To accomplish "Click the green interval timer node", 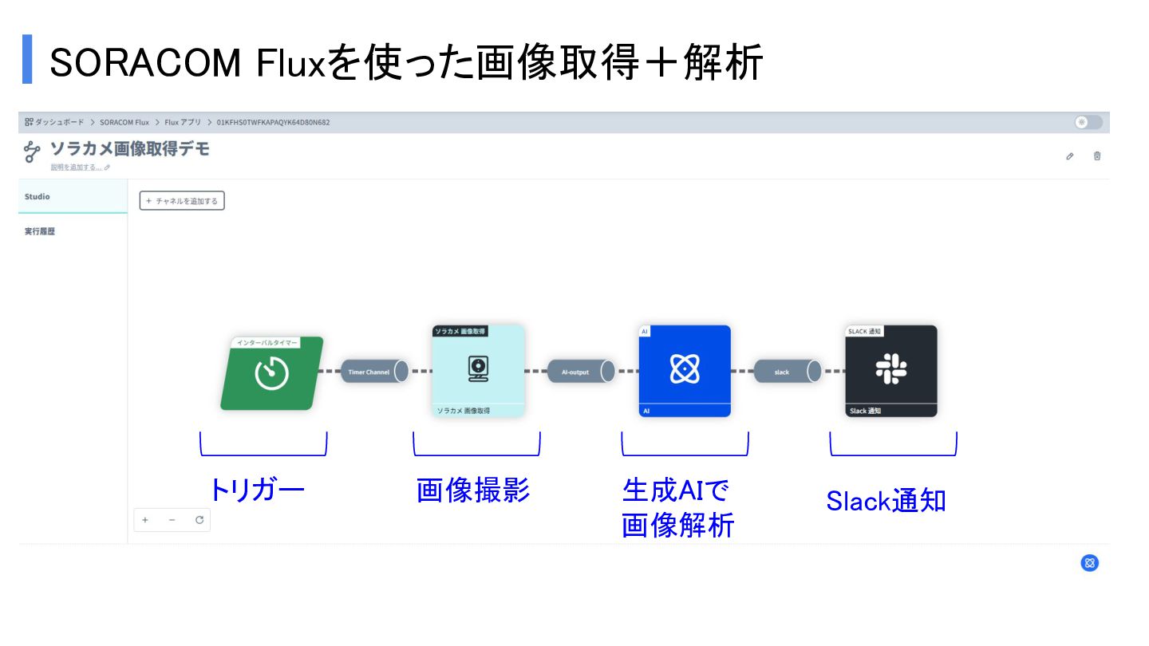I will [271, 373].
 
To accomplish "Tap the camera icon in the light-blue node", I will [478, 368].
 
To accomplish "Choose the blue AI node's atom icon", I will [685, 368].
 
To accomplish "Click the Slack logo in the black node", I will [891, 368].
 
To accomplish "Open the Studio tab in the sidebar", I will [38, 197].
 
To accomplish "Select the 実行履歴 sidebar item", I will [40, 232].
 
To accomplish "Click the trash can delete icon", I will [1097, 156].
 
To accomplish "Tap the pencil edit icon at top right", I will [1070, 156].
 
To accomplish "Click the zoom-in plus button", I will [145, 520].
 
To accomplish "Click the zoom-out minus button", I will [172, 520].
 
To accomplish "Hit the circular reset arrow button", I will [199, 520].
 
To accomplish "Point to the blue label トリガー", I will [256, 490].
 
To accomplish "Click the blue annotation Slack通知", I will [886, 501].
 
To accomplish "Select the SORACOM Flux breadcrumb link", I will [124, 123].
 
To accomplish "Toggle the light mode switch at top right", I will [1088, 122].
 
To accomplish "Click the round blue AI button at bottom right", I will [1090, 563].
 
